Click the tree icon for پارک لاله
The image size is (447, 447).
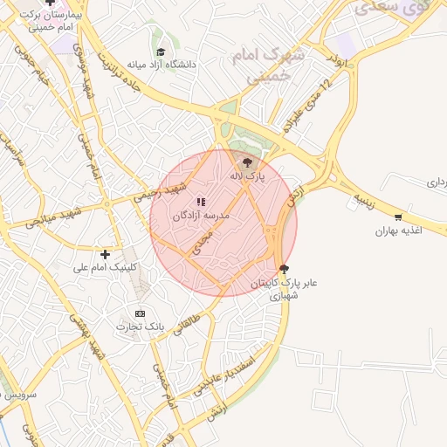pos(247,162)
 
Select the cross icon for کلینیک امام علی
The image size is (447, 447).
pos(106,254)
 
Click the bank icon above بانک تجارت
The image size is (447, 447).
pos(141,313)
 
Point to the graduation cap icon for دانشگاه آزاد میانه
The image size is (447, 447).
pos(161,52)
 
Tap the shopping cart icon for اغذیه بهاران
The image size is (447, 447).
pos(398,217)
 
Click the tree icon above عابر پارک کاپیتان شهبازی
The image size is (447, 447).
pos(282,269)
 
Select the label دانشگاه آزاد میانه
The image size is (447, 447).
pos(162,65)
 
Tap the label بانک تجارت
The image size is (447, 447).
pos(142,327)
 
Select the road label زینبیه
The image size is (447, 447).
pos(364,202)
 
